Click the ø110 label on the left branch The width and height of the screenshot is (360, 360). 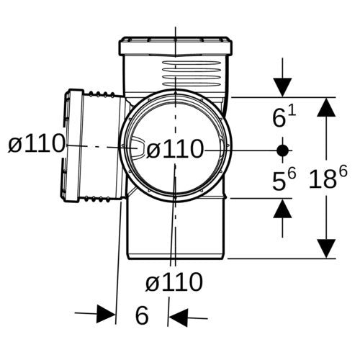(37, 144)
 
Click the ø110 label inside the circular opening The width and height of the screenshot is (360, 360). (175, 149)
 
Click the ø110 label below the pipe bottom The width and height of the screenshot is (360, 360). (174, 282)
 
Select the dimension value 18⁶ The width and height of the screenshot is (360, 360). (328, 178)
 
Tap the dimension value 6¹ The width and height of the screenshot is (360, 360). (284, 117)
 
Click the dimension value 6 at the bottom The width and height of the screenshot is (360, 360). (142, 315)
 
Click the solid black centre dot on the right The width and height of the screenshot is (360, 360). (282, 150)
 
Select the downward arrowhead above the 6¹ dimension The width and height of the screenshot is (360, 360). (282, 87)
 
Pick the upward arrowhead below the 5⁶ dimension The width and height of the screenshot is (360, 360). (282, 209)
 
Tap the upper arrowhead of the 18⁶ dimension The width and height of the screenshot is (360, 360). (326, 107)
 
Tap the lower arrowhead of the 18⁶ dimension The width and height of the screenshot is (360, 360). (326, 248)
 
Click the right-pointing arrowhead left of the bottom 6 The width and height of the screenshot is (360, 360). (106, 314)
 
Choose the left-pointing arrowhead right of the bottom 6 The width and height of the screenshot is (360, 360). (178, 318)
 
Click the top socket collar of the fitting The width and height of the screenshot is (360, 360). (176, 46)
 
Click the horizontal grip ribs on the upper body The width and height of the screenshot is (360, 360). (192, 74)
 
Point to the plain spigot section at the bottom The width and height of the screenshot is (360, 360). (176, 229)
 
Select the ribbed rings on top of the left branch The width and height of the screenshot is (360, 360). (102, 94)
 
